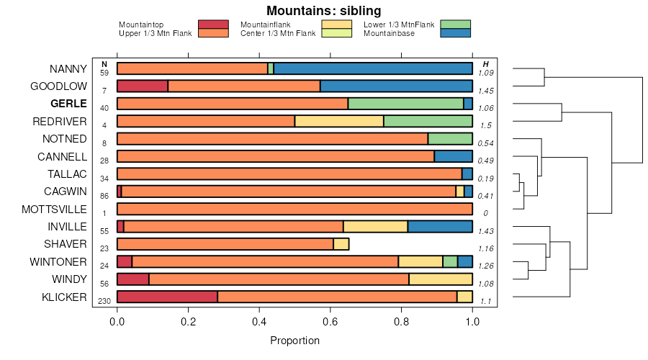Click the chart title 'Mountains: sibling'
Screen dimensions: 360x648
tap(323, 11)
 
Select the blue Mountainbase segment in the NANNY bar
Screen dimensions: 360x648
tap(373, 68)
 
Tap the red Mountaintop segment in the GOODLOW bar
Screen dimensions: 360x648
tap(143, 86)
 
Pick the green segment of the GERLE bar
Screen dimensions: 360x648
tap(405, 104)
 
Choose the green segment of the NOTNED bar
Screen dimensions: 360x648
tap(450, 139)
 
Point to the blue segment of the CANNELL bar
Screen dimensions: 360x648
tap(453, 156)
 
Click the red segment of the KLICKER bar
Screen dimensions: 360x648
tap(167, 297)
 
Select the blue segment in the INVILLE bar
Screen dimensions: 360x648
tap(440, 226)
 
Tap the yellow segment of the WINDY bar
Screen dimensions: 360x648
tap(441, 279)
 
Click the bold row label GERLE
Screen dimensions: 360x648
tap(69, 104)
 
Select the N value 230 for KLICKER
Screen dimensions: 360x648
tap(104, 301)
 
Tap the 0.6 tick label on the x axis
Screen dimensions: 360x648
tap(330, 323)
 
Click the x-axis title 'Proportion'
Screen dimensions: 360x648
tap(294, 340)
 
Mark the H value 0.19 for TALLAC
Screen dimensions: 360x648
tap(485, 179)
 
